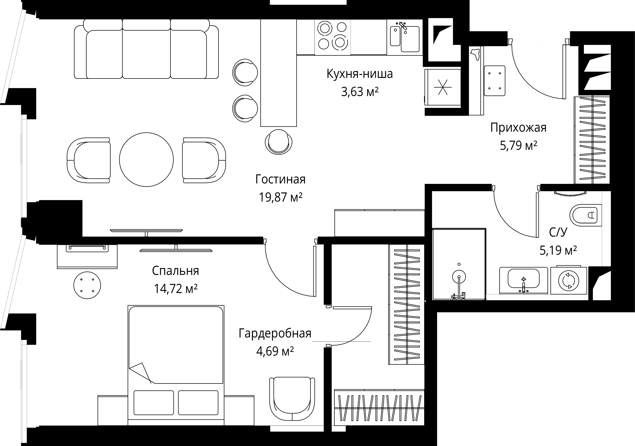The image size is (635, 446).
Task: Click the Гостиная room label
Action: coord(280,179)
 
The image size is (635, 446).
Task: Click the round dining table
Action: coord(147,160)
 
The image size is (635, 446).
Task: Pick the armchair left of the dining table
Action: coord(88,160)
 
